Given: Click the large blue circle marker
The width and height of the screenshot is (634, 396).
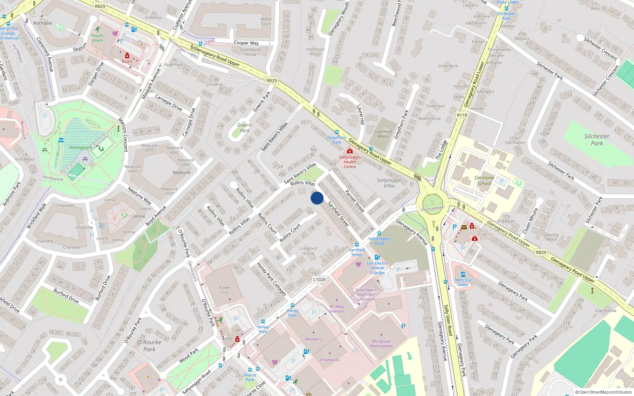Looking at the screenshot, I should pos(317,198).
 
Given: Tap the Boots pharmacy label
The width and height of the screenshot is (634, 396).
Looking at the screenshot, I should pos(127,61).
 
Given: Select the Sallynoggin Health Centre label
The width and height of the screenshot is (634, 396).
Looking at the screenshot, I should pos(349,162).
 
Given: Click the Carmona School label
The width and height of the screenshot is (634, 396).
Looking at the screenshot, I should pos(484,180).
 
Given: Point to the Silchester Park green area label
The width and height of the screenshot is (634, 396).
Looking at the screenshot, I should pos(597,139).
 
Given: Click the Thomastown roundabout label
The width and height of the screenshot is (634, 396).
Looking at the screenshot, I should pos(432,208).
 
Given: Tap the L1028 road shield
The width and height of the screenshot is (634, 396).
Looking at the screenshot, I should pos(319,279).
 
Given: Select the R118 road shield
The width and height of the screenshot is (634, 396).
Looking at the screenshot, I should pos(462,115).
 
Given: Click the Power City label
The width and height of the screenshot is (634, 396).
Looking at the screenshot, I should pos(224,290).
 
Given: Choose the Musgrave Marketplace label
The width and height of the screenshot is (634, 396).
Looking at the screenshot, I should pos(381,343).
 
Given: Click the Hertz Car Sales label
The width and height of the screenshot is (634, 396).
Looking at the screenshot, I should pos(463,282).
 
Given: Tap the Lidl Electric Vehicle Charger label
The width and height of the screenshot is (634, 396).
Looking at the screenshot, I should pos(378,268).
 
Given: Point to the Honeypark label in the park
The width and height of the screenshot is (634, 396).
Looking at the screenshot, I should pos(80,147).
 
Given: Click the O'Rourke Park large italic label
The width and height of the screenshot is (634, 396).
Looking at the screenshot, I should pos(149,345).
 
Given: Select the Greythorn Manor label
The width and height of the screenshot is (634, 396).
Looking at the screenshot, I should pos(383,134).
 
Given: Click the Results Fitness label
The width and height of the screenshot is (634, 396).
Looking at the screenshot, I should pos(97,38).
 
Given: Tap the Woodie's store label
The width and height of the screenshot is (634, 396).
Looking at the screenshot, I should pos(313,339).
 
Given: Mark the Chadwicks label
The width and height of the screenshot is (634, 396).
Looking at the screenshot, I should pos(330,360).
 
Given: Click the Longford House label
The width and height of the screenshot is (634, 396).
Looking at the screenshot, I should pos(308,251).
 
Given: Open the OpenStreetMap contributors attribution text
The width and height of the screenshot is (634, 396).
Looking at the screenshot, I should pos(603,392).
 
